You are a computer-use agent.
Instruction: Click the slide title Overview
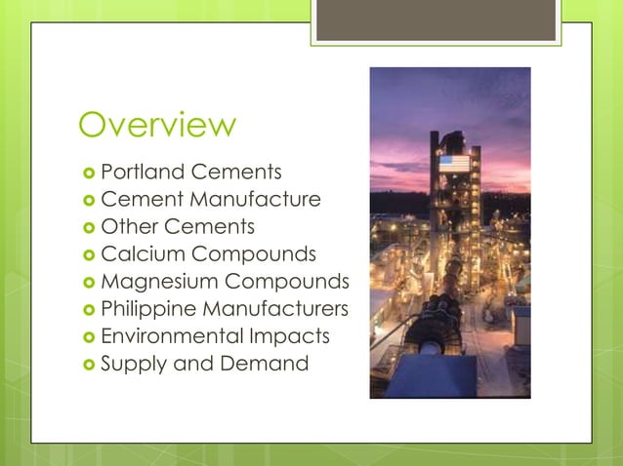coord(157,126)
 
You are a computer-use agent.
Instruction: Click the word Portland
coord(143,173)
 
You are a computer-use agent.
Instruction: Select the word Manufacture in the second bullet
coord(257,200)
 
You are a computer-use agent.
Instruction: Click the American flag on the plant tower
coord(453,163)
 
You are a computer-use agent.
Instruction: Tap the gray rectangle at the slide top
coord(436,20)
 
